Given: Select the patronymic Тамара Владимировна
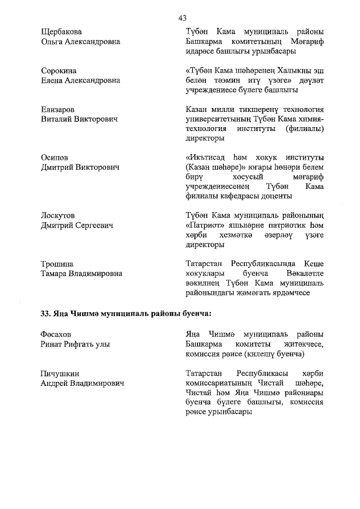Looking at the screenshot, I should [82, 274].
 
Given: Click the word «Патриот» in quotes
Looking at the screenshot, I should [203, 225].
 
